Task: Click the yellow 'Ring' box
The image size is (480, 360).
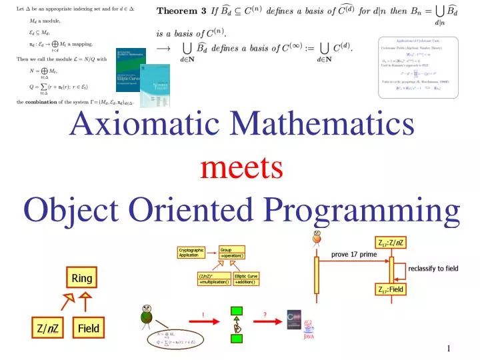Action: point(82,278)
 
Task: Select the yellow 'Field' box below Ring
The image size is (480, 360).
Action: point(88,329)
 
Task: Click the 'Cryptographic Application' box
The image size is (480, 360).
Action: point(191,253)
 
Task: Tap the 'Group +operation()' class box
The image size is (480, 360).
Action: point(232,253)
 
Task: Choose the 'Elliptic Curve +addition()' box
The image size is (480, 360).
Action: point(246,279)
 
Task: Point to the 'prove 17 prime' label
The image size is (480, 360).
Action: point(354,255)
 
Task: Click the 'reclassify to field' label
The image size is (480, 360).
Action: point(433,269)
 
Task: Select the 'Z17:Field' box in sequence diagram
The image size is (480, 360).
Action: point(391,289)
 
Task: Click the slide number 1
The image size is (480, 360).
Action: point(449,349)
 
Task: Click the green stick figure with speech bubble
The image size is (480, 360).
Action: point(147,316)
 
